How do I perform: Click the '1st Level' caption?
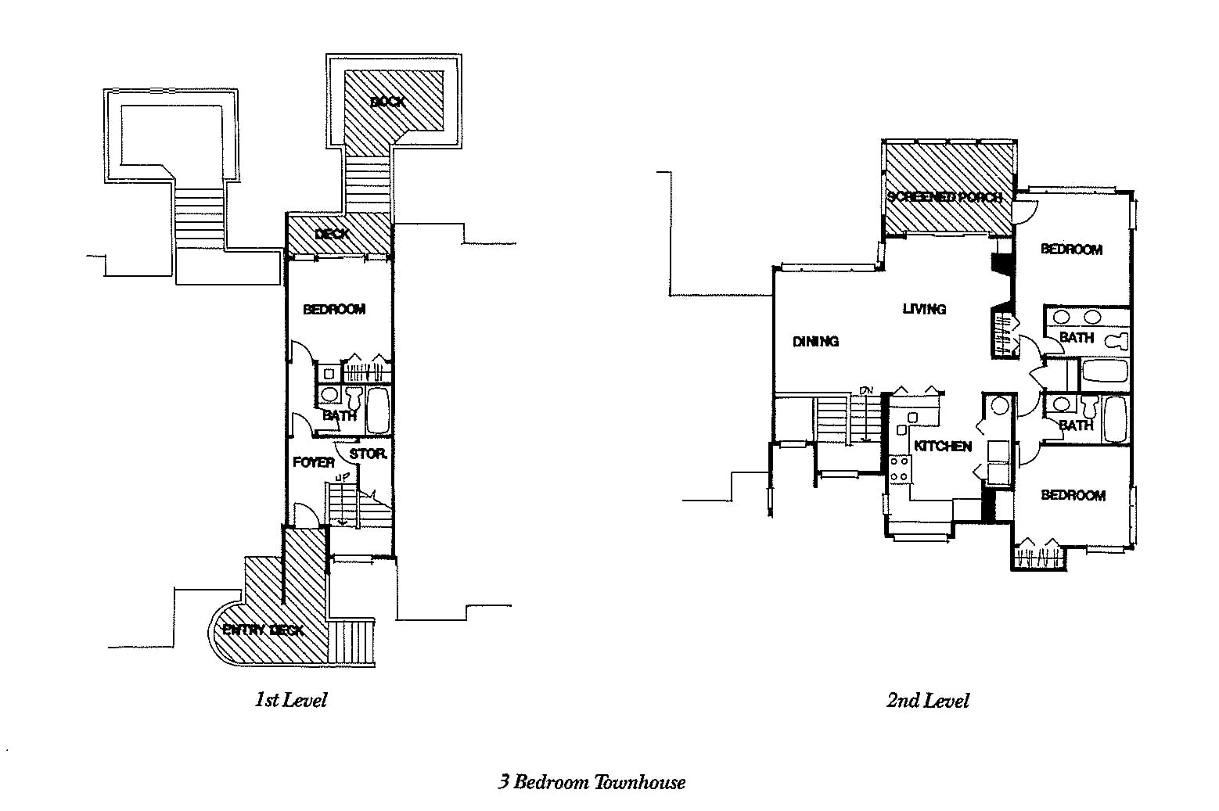tap(290, 700)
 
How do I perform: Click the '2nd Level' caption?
tap(927, 701)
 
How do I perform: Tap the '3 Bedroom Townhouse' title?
tap(592, 782)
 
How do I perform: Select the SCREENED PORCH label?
tap(944, 197)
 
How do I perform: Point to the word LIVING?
tap(924, 309)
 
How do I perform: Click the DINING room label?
tap(815, 341)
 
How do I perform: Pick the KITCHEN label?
tap(943, 446)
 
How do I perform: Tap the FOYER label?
tap(313, 462)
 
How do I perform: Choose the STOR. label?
tap(368, 454)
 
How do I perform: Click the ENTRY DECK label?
tap(263, 630)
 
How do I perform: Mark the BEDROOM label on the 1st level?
tap(334, 309)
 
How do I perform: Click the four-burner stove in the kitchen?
tap(899, 468)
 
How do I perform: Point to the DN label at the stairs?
tap(866, 390)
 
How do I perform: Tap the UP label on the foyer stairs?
tap(342, 476)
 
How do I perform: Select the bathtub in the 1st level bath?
tap(378, 410)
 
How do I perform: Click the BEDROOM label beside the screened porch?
tap(1071, 249)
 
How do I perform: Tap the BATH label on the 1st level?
tap(340, 416)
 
